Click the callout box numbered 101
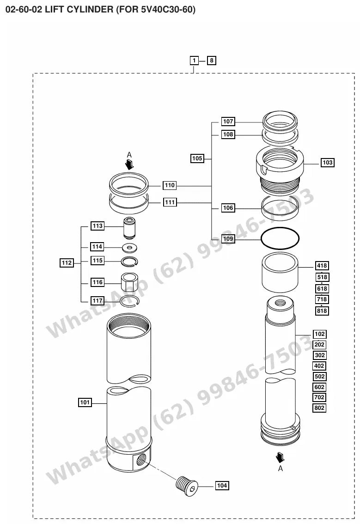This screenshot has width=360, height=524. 85,402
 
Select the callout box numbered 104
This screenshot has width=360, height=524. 222,486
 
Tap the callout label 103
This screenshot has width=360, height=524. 327,162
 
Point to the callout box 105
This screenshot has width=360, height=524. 197,158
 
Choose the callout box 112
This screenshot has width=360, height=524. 67,263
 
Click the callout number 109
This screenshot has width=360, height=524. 228,238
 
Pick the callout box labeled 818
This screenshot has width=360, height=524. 322,311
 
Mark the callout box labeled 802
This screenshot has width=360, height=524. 319,408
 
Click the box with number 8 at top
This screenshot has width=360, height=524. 211,61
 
